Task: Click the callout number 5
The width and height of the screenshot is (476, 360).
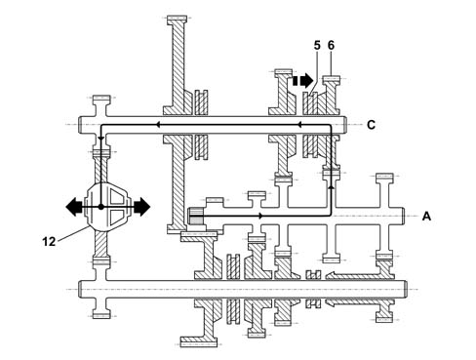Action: click(x=317, y=46)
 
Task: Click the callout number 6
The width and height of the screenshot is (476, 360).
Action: click(x=331, y=46)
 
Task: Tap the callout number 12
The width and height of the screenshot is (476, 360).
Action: click(x=49, y=242)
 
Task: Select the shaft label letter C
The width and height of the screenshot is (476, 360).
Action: click(x=371, y=125)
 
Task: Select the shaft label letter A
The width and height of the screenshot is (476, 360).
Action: click(x=426, y=216)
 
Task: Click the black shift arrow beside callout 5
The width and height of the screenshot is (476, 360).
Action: click(x=303, y=80)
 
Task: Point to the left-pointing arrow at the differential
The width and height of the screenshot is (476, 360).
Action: click(x=74, y=207)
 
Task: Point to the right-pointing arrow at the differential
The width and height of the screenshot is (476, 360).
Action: click(x=141, y=207)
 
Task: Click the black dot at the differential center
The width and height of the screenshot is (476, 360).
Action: click(x=101, y=207)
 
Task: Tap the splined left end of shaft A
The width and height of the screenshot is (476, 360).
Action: click(x=195, y=217)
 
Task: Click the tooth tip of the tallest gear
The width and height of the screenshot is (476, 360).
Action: click(x=177, y=20)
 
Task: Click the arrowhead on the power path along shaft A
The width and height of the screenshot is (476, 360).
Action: click(x=260, y=216)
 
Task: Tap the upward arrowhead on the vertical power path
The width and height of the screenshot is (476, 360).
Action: click(x=331, y=186)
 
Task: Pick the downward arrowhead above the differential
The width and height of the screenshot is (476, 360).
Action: click(x=101, y=139)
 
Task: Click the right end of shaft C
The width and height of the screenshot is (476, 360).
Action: click(x=344, y=125)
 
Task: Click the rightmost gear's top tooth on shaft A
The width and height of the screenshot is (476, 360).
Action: click(x=384, y=178)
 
